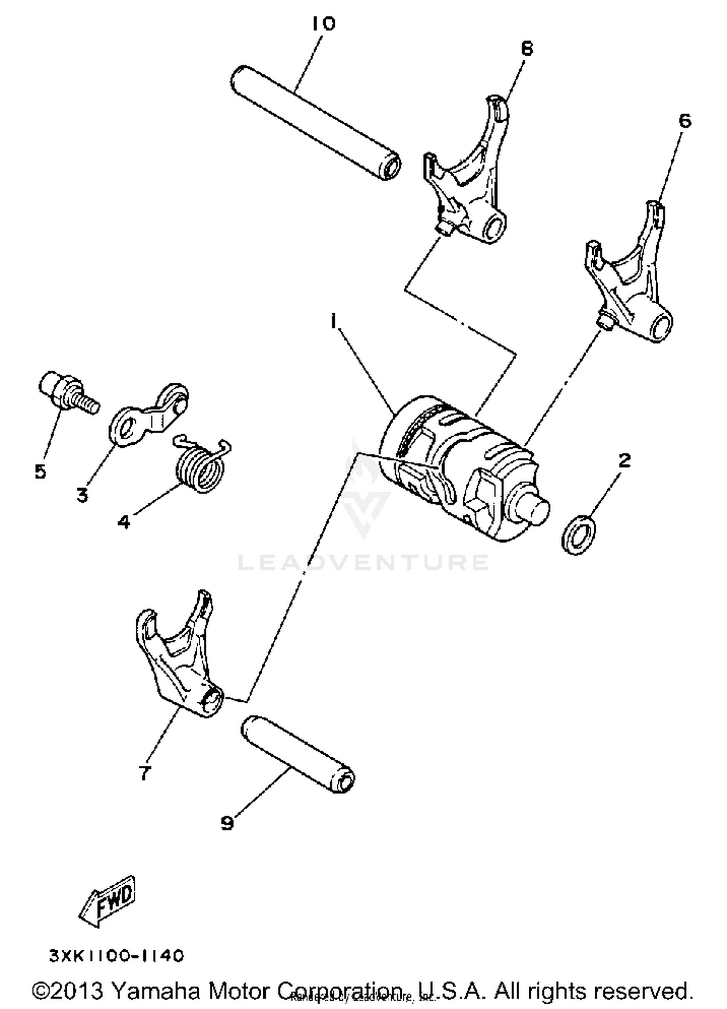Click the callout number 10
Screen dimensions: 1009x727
pyautogui.click(x=323, y=23)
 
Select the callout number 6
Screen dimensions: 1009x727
pyautogui.click(x=684, y=121)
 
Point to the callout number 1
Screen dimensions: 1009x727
pyautogui.click(x=333, y=321)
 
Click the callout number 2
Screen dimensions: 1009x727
pyautogui.click(x=625, y=460)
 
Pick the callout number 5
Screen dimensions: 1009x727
pyautogui.click(x=40, y=471)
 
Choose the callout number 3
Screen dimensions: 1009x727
pyautogui.click(x=82, y=495)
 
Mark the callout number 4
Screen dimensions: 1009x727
pyautogui.click(x=124, y=522)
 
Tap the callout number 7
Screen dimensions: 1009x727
pyautogui.click(x=144, y=773)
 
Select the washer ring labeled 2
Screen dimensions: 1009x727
pyautogui.click(x=579, y=535)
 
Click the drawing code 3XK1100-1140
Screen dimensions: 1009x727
pyautogui.click(x=117, y=956)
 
